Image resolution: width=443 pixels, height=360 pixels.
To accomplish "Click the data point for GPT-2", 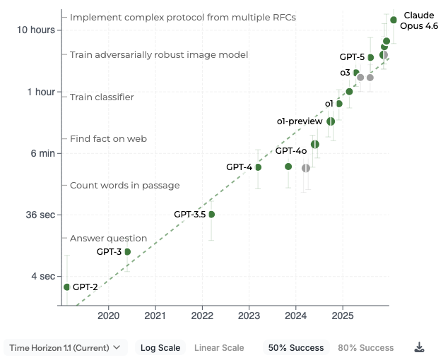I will (x=66, y=287).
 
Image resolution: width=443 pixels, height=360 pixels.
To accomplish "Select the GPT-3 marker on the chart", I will (x=128, y=251).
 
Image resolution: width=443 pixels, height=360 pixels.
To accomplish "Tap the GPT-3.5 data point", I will (x=211, y=214).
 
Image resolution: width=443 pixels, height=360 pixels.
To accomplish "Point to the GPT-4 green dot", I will (x=258, y=167).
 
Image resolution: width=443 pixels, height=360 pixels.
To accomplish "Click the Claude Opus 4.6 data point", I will (x=394, y=20).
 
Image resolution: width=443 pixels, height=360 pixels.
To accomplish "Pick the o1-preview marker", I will (x=331, y=121).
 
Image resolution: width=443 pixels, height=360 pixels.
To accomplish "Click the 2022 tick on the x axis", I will (x=202, y=315).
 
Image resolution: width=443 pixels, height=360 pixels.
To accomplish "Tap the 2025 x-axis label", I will (x=343, y=315).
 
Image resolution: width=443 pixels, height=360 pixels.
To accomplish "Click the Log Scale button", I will (x=160, y=347).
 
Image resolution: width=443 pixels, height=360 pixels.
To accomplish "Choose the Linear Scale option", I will (x=219, y=347).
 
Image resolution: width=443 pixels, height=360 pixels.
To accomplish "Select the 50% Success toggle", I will (x=295, y=347).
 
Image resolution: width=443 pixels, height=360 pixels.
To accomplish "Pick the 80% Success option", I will (x=366, y=347).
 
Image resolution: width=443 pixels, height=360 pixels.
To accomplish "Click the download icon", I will (x=419, y=347).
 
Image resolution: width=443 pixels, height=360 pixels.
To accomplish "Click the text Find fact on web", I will (x=108, y=138).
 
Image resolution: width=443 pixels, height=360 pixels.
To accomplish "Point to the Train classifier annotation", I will (x=102, y=97).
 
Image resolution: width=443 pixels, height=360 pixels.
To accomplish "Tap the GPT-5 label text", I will (x=352, y=56).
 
